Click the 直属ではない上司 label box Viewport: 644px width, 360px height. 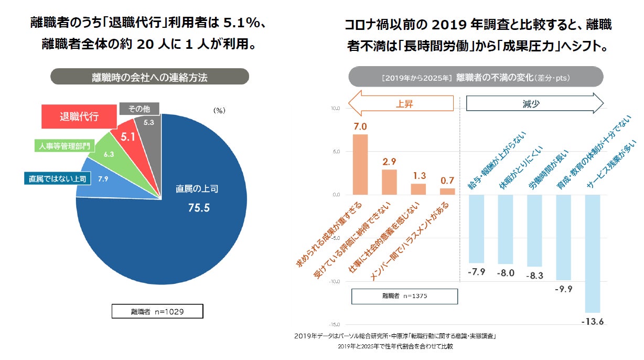[x=57, y=179]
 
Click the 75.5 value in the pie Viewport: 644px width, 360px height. [x=199, y=208]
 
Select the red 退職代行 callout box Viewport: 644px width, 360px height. [x=79, y=116]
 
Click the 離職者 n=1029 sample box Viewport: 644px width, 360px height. [x=157, y=312]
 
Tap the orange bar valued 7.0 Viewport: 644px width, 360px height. [x=360, y=164]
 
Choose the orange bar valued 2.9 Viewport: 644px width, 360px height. [x=389, y=182]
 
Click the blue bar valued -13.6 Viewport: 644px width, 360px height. [x=592, y=253]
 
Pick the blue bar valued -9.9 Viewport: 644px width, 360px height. [x=563, y=237]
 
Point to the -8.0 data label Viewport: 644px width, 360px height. [x=506, y=273]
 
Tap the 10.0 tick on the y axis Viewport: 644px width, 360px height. [x=336, y=109]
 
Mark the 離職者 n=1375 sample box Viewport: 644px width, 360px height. [x=404, y=296]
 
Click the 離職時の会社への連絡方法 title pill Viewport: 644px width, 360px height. [x=149, y=77]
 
